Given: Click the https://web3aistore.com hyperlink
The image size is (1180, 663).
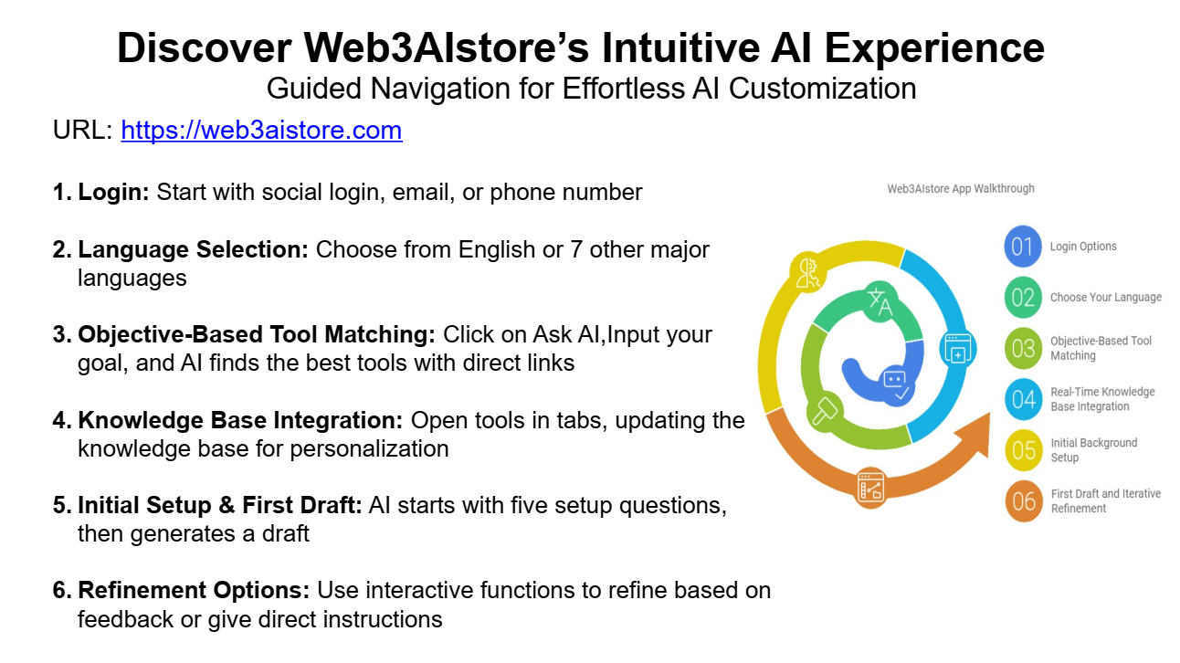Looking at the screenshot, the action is (261, 130).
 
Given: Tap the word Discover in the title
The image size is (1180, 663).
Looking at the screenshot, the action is (205, 47).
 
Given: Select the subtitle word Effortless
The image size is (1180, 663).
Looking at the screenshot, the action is (623, 88).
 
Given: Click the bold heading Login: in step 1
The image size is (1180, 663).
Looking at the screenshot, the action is (114, 192).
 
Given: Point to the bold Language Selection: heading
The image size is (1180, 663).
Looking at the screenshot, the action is (194, 249).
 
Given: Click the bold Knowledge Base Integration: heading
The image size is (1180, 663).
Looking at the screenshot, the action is (240, 420).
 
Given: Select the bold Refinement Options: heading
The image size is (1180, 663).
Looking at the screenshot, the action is (194, 590).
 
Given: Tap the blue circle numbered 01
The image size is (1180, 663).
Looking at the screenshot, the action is (1023, 247).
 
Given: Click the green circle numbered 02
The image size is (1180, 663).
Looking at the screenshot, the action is (1023, 298).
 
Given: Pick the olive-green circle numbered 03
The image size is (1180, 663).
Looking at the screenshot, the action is (1023, 349).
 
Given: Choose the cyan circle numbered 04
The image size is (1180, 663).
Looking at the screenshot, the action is (1024, 400).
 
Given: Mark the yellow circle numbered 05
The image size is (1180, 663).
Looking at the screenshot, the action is (1024, 451).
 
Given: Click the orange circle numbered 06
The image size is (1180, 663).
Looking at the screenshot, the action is (1024, 502).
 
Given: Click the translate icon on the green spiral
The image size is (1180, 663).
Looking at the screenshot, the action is (880, 302).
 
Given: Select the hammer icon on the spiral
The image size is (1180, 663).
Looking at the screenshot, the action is (825, 411).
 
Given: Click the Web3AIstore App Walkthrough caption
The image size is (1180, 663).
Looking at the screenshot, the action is (961, 188).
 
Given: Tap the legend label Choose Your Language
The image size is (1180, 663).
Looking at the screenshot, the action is (1106, 298).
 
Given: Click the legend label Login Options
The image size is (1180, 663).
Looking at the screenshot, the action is (1083, 247).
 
